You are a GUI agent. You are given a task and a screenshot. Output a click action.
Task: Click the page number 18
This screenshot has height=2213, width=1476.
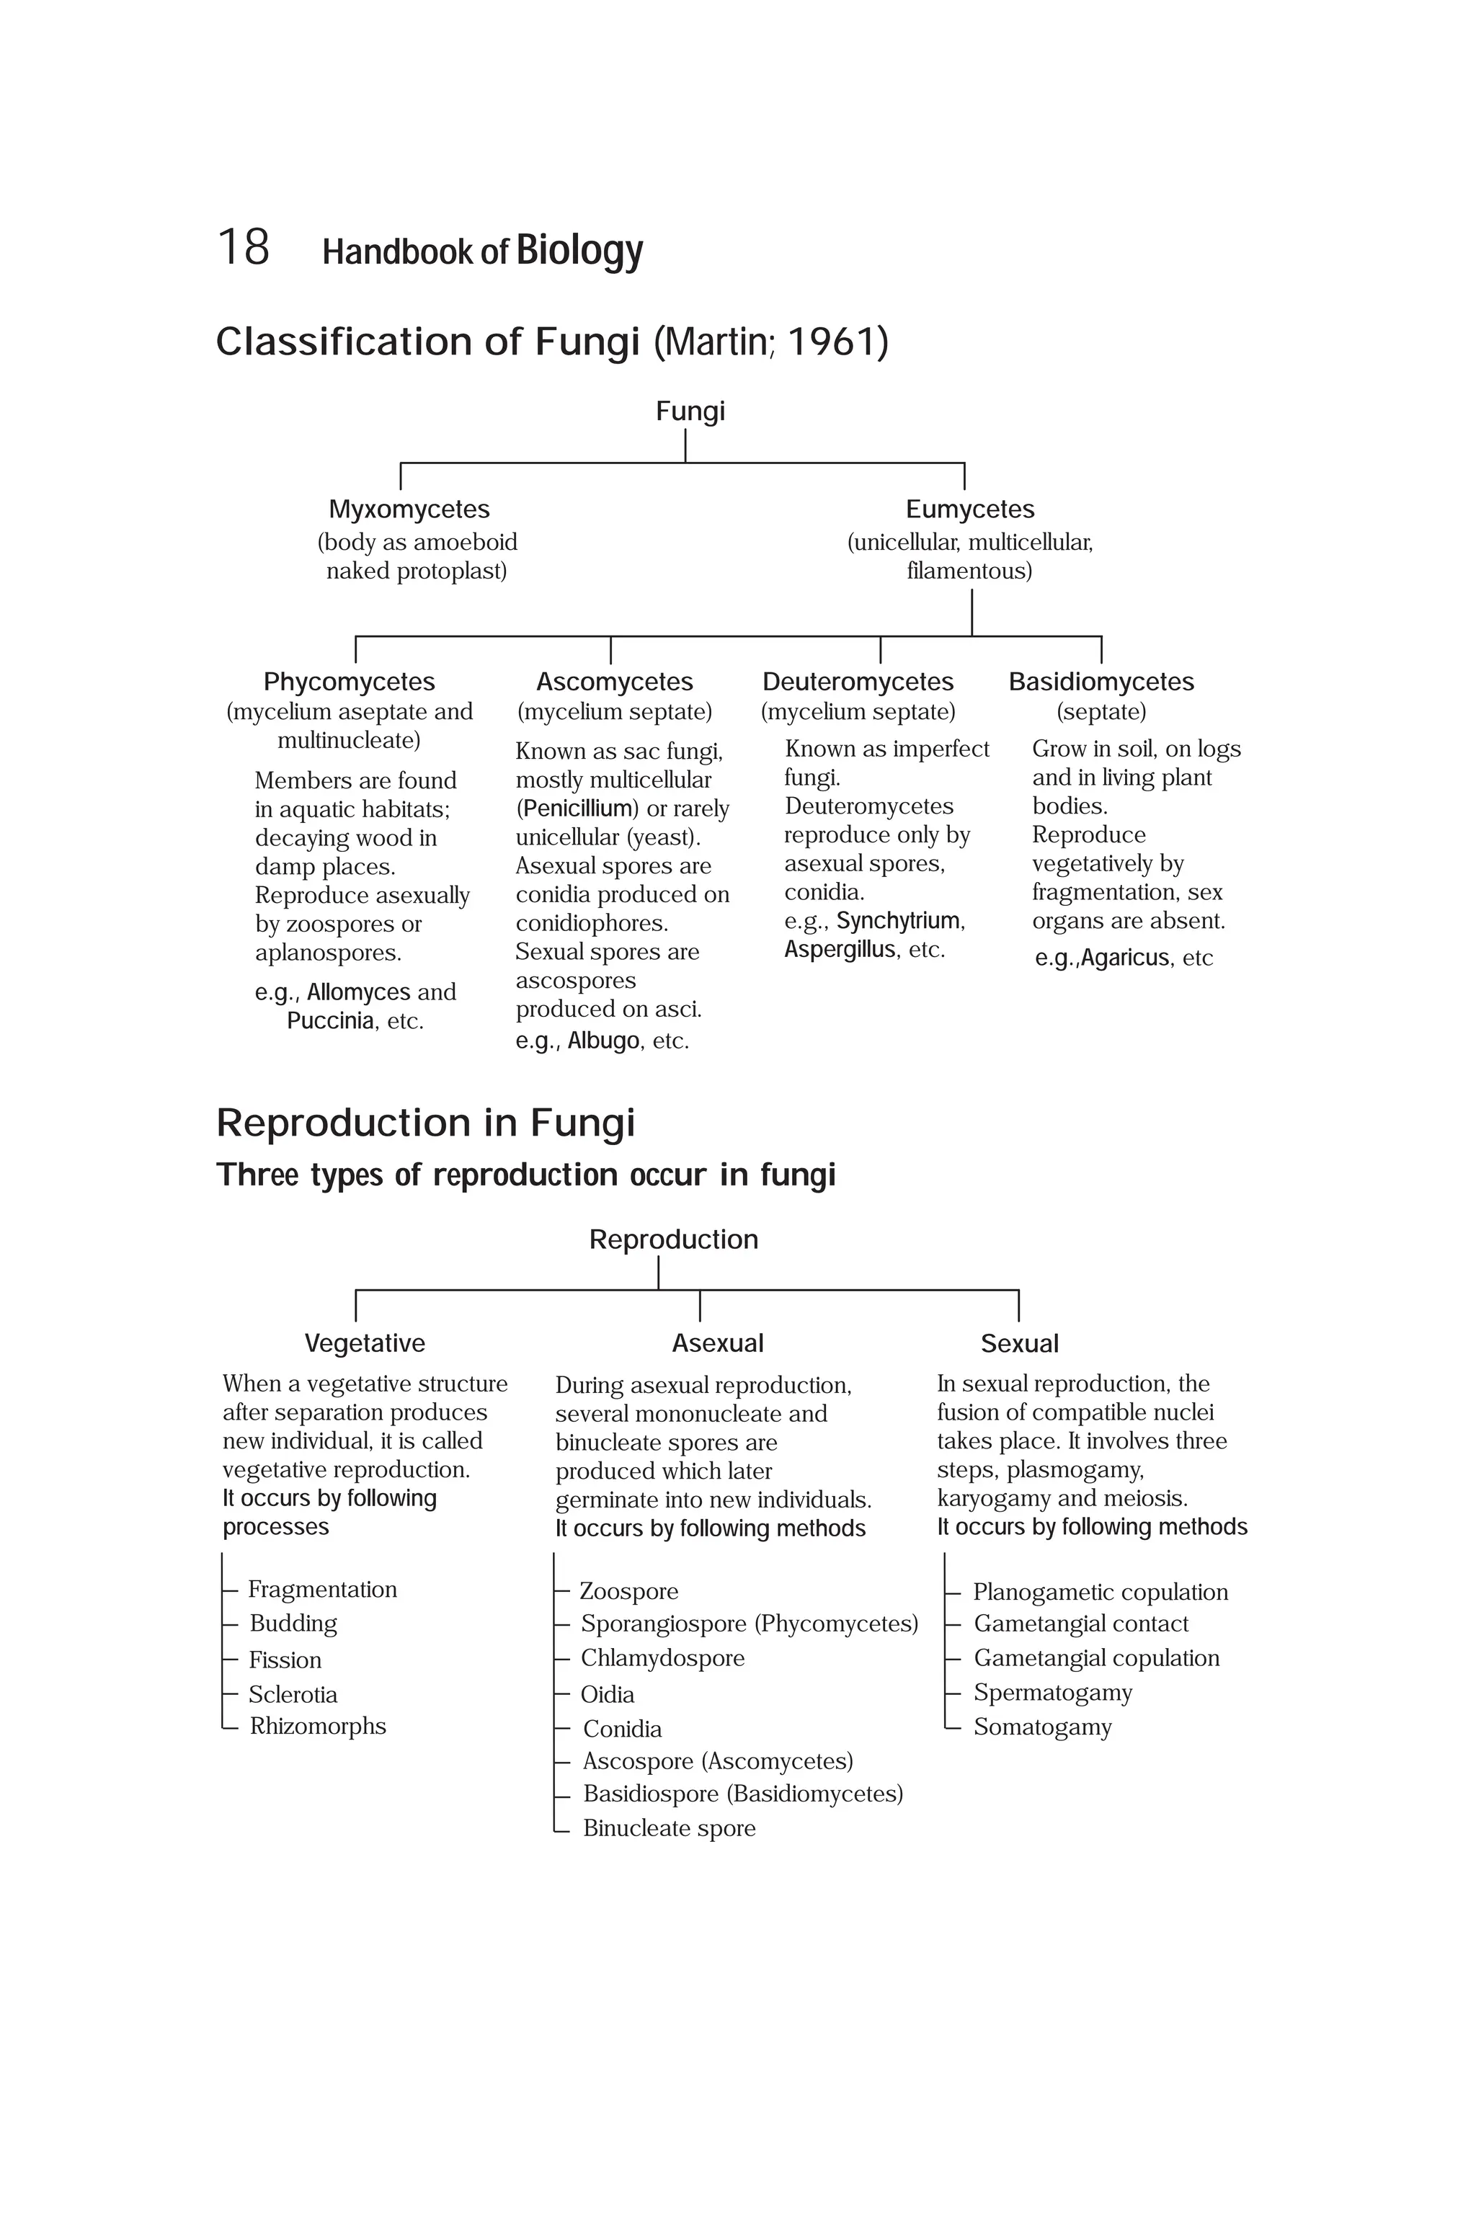[x=243, y=248]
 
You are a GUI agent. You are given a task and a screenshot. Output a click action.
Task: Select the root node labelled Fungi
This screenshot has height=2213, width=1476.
[x=690, y=411]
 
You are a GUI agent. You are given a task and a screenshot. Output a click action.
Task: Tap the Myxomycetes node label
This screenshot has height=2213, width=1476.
[x=409, y=509]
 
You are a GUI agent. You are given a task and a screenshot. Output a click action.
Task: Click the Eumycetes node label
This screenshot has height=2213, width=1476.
[x=969, y=509]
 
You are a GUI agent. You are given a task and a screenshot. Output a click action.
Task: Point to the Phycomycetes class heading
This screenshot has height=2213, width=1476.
[x=350, y=682]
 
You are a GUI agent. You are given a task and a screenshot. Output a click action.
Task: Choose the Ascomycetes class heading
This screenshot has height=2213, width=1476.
[x=614, y=682]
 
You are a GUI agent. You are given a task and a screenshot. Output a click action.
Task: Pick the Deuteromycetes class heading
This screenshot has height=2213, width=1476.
[x=858, y=682]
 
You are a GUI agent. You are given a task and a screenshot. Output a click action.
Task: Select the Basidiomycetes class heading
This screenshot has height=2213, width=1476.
[x=1101, y=682]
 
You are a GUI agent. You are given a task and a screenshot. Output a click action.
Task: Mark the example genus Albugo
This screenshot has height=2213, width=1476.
[x=603, y=1041]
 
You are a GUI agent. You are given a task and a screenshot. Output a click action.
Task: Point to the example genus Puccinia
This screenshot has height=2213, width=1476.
[x=329, y=1021]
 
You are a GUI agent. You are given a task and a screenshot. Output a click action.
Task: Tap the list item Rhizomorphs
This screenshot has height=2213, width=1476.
[x=317, y=1727]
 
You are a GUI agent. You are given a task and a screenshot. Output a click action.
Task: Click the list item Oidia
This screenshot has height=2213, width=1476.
[x=607, y=1694]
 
